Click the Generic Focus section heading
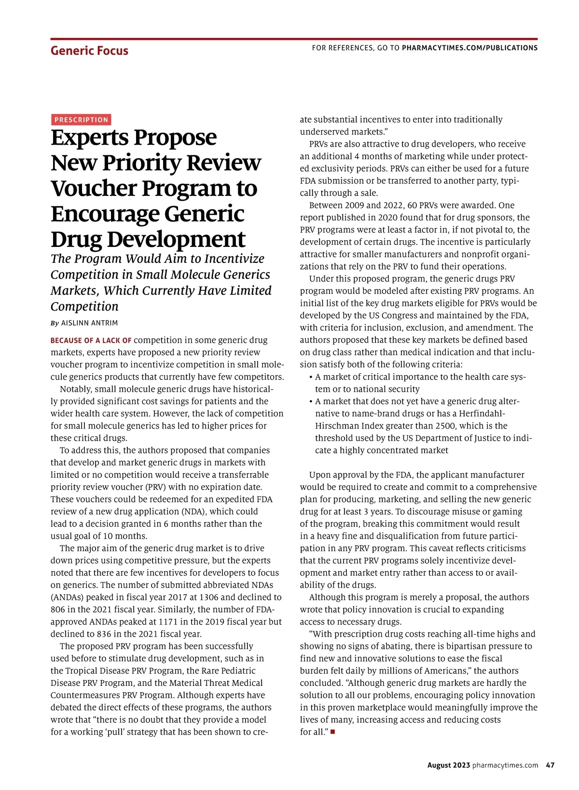(89, 51)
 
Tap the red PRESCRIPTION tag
(81, 120)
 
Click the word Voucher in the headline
(93, 188)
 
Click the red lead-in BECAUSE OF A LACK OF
(91, 341)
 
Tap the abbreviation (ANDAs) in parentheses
(67, 597)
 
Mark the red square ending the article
(333, 732)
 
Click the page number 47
(550, 765)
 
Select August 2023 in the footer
(448, 765)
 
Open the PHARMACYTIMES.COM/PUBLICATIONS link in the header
(469, 48)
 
